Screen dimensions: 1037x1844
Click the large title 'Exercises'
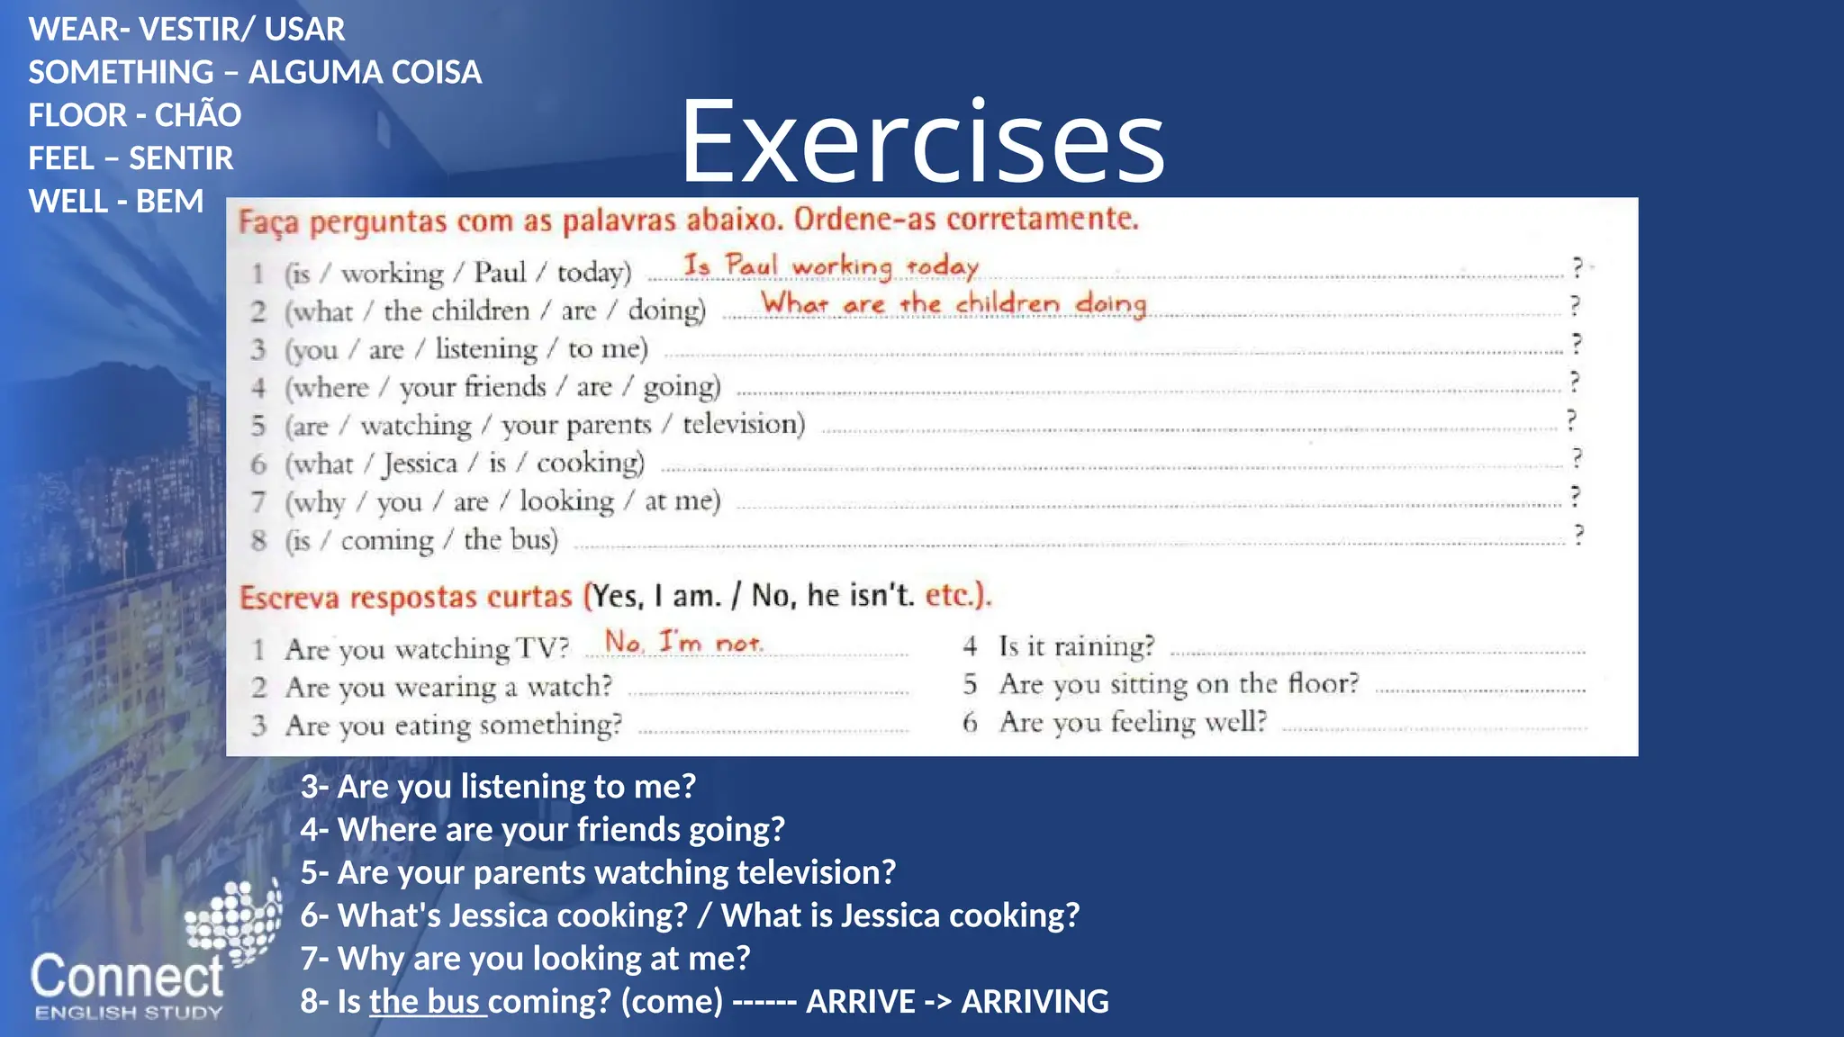click(922, 142)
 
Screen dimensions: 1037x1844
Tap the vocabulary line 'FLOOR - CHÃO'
click(135, 115)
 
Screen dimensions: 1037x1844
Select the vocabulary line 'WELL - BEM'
click(116, 201)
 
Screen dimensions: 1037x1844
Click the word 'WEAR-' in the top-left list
click(79, 29)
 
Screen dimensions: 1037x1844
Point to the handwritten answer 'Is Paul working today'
click(830, 266)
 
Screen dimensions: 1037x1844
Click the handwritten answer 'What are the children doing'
click(954, 303)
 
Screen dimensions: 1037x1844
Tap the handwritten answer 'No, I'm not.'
click(683, 642)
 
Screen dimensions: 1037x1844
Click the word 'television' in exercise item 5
click(743, 424)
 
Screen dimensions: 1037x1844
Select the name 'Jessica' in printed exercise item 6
click(420, 463)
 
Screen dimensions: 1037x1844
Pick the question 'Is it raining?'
click(1076, 645)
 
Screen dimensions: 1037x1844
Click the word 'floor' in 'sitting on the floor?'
click(1323, 683)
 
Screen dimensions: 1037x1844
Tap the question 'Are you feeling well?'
click(1133, 722)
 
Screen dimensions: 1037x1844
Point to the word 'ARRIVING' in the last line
click(1035, 1001)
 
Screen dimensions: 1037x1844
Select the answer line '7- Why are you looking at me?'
click(525, 958)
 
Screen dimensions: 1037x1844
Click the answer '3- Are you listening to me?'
click(498, 786)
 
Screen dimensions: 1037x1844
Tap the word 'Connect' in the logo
click(127, 977)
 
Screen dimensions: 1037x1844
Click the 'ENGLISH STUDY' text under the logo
click(128, 1013)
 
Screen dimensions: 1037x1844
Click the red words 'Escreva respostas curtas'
click(405, 597)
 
